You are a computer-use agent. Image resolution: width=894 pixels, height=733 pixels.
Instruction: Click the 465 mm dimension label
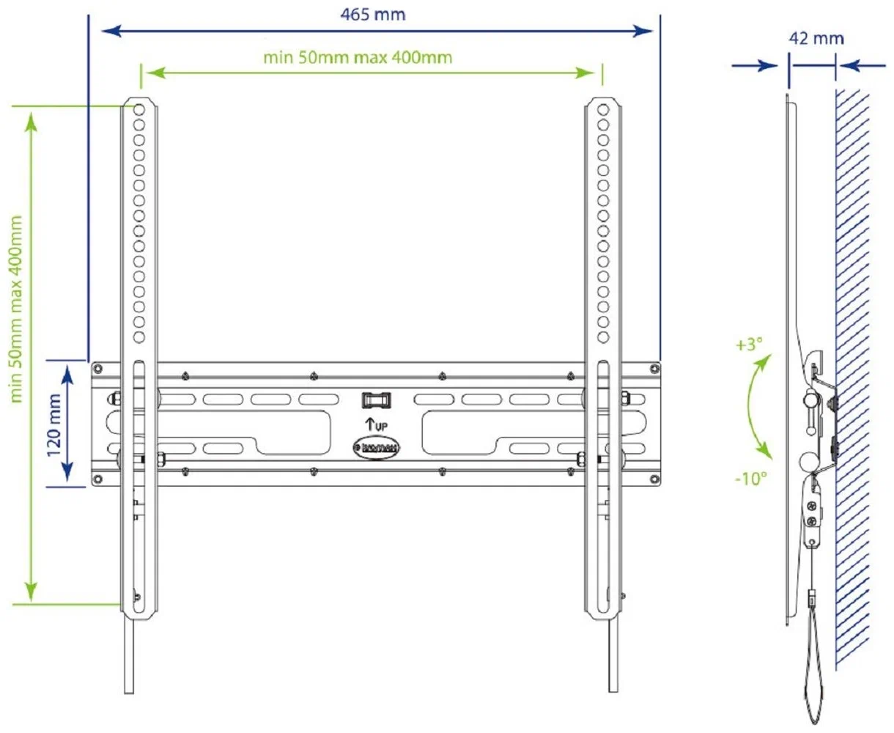372,14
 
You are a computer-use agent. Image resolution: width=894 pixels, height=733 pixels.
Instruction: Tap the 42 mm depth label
816,38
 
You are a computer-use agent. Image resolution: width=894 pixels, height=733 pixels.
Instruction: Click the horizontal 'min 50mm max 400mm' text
358,56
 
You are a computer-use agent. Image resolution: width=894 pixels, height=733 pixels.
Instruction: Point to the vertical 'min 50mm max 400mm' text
16,309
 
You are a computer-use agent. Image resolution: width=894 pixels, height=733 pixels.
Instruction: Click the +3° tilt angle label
749,344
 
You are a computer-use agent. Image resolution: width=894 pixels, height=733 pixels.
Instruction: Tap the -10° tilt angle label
751,479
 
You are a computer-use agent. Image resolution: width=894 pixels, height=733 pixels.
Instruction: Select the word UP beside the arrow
382,426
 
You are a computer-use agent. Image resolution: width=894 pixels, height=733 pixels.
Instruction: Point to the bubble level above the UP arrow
375,400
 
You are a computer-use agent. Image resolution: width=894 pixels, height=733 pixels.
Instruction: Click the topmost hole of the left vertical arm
138,109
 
